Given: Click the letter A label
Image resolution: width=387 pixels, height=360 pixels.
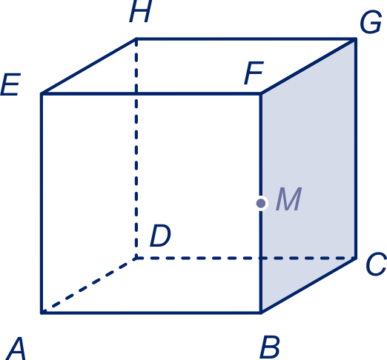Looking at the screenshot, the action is tap(16, 348).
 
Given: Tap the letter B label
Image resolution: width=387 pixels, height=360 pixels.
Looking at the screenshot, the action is tap(270, 347).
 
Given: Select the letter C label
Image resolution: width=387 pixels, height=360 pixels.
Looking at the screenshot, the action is tap(376, 264).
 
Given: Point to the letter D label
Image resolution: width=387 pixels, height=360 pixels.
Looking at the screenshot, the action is tap(160, 236).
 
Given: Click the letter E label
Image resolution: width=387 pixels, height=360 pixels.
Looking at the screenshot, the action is tap(10, 84).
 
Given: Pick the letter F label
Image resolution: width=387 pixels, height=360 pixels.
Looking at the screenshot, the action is tap(254, 73).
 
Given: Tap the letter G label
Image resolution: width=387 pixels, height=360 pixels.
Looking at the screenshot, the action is tap(371, 21).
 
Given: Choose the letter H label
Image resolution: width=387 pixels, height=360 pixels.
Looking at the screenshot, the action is tap(140, 11).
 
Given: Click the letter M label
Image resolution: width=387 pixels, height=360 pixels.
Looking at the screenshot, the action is tap(288, 199).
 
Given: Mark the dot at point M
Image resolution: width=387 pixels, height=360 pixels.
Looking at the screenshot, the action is tap(261, 204).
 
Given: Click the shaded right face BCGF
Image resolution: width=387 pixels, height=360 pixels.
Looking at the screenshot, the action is tap(308, 176).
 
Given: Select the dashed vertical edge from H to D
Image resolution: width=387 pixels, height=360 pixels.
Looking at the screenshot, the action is tap(136, 149).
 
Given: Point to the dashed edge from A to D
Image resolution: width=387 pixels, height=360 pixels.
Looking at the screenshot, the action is tap(89, 286).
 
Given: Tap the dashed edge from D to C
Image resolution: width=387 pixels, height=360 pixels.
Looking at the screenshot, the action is tap(246, 259).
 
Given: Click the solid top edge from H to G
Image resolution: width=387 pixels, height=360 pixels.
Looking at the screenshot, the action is tap(246, 39).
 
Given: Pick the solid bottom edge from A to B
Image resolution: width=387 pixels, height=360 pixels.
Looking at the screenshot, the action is tap(151, 313).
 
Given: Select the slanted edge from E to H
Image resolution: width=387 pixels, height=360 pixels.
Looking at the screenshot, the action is tap(89, 66).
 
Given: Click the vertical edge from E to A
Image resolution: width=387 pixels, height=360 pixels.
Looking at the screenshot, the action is tap(42, 203).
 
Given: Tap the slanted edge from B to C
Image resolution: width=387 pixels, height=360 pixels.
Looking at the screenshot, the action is tap(308, 285).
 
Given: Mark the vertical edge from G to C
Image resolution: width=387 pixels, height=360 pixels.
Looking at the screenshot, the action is tap(355, 149).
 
